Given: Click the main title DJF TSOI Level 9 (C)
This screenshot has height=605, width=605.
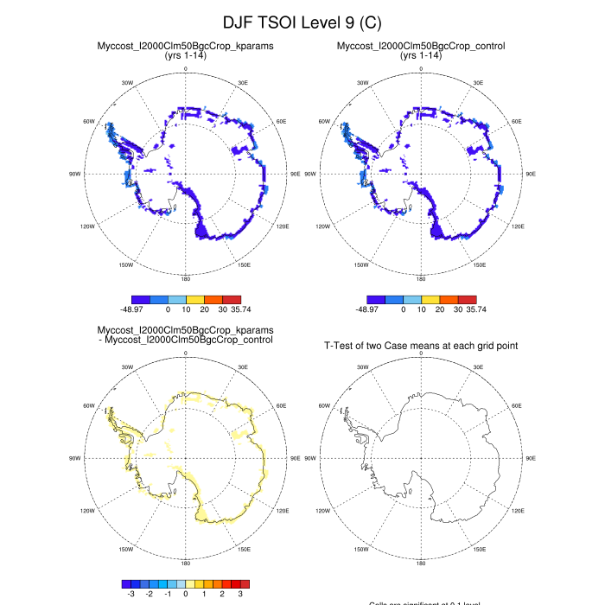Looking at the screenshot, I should (302, 22).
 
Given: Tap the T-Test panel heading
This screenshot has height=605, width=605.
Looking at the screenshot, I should (421, 346).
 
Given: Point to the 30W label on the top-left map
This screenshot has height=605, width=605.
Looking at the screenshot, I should (127, 83).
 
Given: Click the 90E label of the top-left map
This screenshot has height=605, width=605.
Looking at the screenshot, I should (296, 174).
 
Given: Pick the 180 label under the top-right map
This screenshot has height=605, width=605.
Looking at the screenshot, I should (421, 279).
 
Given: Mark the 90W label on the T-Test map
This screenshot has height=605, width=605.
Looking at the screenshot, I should (310, 458).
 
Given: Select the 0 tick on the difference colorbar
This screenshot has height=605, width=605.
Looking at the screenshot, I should (185, 595).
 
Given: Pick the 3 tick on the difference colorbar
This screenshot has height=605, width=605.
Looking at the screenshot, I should (240, 595).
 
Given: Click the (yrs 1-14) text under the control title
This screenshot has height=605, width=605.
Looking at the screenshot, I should (421, 55).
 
